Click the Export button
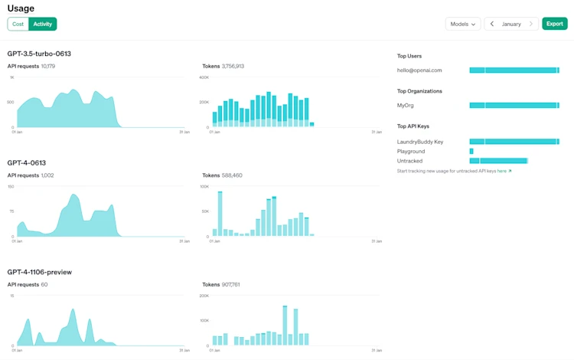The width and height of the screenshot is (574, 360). click(x=555, y=24)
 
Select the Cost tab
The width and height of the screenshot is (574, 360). click(x=18, y=24)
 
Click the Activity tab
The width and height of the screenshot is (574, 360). click(x=43, y=24)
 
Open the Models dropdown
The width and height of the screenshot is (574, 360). click(x=463, y=24)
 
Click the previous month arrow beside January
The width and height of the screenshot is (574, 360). click(x=492, y=24)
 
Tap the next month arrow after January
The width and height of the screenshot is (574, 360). click(x=531, y=24)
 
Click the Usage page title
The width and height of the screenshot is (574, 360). click(x=21, y=8)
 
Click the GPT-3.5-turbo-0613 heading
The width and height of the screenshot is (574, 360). click(x=39, y=54)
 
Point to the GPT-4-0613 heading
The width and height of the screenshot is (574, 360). click(x=27, y=162)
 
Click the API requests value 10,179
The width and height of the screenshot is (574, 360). click(x=47, y=67)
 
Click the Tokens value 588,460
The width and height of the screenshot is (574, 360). click(x=232, y=175)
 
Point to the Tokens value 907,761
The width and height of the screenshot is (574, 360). click(x=231, y=285)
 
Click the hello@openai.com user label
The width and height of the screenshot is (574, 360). click(x=419, y=70)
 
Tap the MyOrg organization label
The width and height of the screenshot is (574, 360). click(x=406, y=106)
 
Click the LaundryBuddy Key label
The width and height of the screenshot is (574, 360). click(x=420, y=142)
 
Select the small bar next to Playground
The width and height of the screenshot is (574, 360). click(x=471, y=152)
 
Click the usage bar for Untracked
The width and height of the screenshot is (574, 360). click(x=498, y=161)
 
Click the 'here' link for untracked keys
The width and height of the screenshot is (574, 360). click(x=502, y=171)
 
